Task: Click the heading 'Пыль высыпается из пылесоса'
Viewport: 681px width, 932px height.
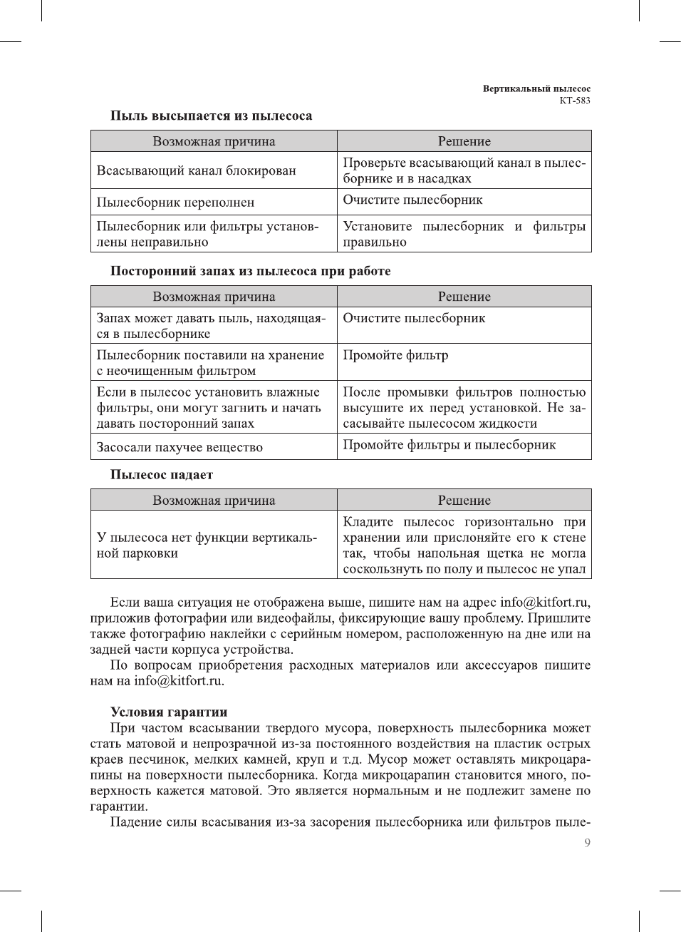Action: [211, 116]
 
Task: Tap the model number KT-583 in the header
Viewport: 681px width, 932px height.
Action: [574, 101]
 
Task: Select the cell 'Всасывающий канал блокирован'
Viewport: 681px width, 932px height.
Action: [196, 171]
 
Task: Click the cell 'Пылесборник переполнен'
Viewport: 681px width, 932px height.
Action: [175, 203]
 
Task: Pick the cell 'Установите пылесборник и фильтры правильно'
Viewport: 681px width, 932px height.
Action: [464, 234]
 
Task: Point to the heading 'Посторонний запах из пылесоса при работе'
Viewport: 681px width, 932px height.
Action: [250, 271]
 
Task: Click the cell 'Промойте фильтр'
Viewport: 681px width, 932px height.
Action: [395, 355]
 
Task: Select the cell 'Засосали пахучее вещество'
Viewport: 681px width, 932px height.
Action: [180, 447]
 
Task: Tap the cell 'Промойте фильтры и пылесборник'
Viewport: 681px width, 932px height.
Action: [449, 445]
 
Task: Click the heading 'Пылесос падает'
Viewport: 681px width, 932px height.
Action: [162, 475]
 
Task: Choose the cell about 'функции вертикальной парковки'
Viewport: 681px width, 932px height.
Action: [207, 546]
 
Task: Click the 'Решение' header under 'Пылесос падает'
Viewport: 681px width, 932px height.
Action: [464, 501]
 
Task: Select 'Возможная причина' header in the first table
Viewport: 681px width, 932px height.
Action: [214, 141]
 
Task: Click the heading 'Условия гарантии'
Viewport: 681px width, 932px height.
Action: [169, 712]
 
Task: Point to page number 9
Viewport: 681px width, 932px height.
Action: [587, 843]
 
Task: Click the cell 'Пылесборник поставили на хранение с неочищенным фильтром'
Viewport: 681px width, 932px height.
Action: [210, 363]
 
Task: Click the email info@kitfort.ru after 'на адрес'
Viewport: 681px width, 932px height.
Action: [544, 603]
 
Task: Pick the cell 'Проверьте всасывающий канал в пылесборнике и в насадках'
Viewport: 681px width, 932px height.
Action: [464, 171]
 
